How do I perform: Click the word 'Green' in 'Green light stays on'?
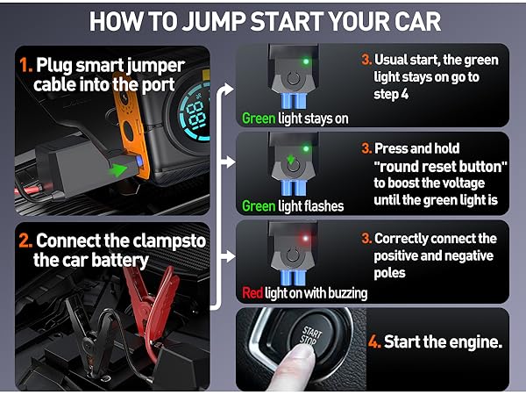click(x=259, y=118)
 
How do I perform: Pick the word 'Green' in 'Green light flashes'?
click(x=259, y=205)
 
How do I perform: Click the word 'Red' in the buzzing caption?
click(x=252, y=293)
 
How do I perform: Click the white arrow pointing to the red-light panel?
click(x=227, y=257)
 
